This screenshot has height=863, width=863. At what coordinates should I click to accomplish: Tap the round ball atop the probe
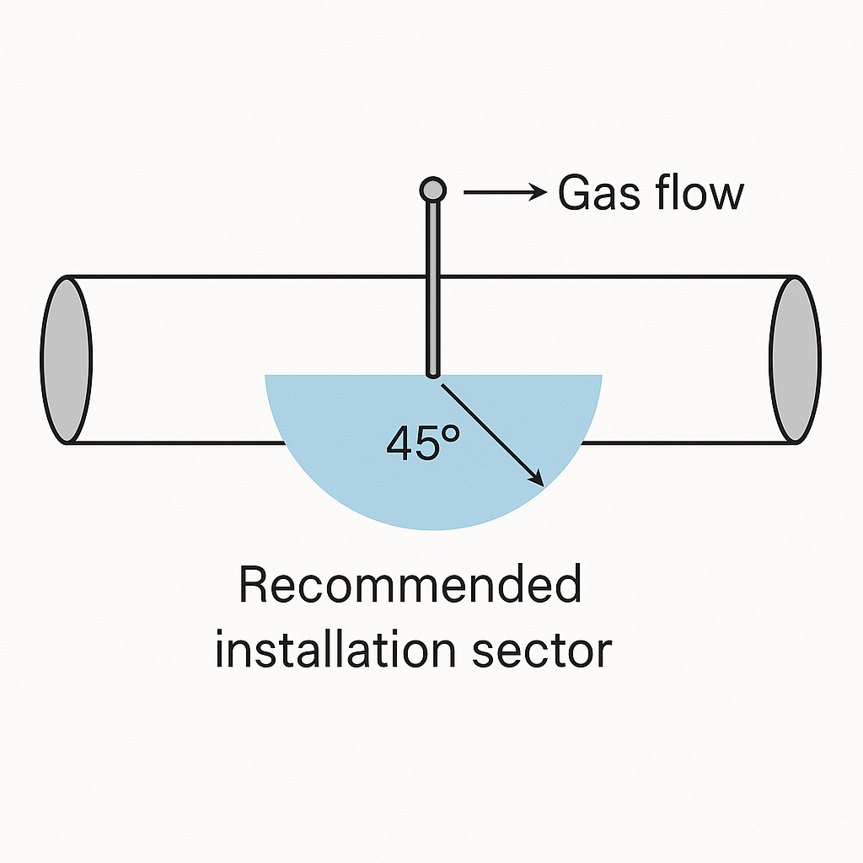coord(432,190)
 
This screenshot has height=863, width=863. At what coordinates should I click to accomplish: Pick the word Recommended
coord(410,586)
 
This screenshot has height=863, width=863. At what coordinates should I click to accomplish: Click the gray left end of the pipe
coord(66,360)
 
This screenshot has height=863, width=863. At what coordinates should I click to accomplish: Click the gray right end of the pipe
coord(795,360)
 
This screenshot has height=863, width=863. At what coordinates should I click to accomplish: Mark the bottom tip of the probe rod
coord(432,373)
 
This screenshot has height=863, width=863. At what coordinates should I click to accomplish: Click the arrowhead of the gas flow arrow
coord(539,193)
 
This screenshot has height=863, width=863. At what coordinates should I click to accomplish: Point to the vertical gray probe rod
coord(432,287)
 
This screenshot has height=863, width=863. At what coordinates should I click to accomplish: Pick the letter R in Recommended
coord(254,586)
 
